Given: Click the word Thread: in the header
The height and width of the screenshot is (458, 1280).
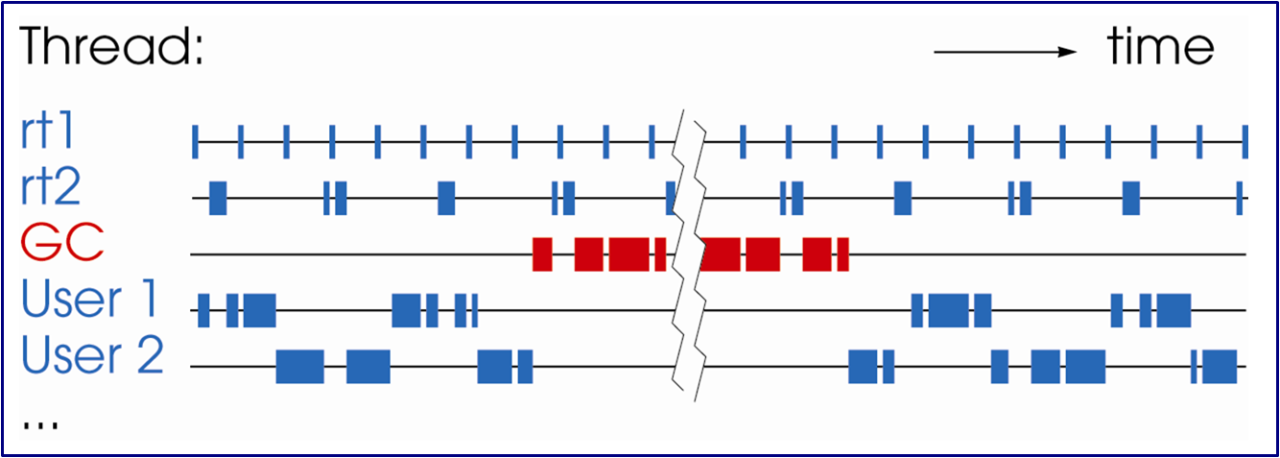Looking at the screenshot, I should (111, 47).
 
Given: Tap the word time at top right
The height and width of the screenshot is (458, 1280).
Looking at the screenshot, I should (1160, 46).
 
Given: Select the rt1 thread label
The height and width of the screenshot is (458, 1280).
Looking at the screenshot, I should (47, 133).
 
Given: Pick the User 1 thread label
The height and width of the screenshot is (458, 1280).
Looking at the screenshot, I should (92, 301).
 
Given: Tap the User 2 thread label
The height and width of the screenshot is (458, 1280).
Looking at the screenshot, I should (92, 356).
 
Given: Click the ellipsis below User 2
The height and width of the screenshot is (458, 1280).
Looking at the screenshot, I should (39, 422).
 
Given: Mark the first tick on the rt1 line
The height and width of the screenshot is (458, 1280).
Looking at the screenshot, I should (195, 141).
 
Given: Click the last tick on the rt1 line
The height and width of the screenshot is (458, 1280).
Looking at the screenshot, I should (1244, 141).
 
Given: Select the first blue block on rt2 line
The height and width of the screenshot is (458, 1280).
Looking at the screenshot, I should (218, 197).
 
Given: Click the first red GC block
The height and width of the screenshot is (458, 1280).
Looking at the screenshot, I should (542, 253).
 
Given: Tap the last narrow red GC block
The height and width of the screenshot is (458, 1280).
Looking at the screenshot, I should (842, 253).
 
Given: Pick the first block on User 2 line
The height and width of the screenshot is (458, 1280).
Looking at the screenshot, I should (299, 367).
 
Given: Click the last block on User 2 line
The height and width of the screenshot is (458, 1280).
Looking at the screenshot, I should (1220, 367).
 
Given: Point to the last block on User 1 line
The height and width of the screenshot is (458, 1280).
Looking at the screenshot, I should (1173, 310).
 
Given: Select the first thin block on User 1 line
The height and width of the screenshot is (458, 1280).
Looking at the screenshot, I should (203, 310).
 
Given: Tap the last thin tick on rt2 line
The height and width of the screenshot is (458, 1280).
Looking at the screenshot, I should (1240, 197).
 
